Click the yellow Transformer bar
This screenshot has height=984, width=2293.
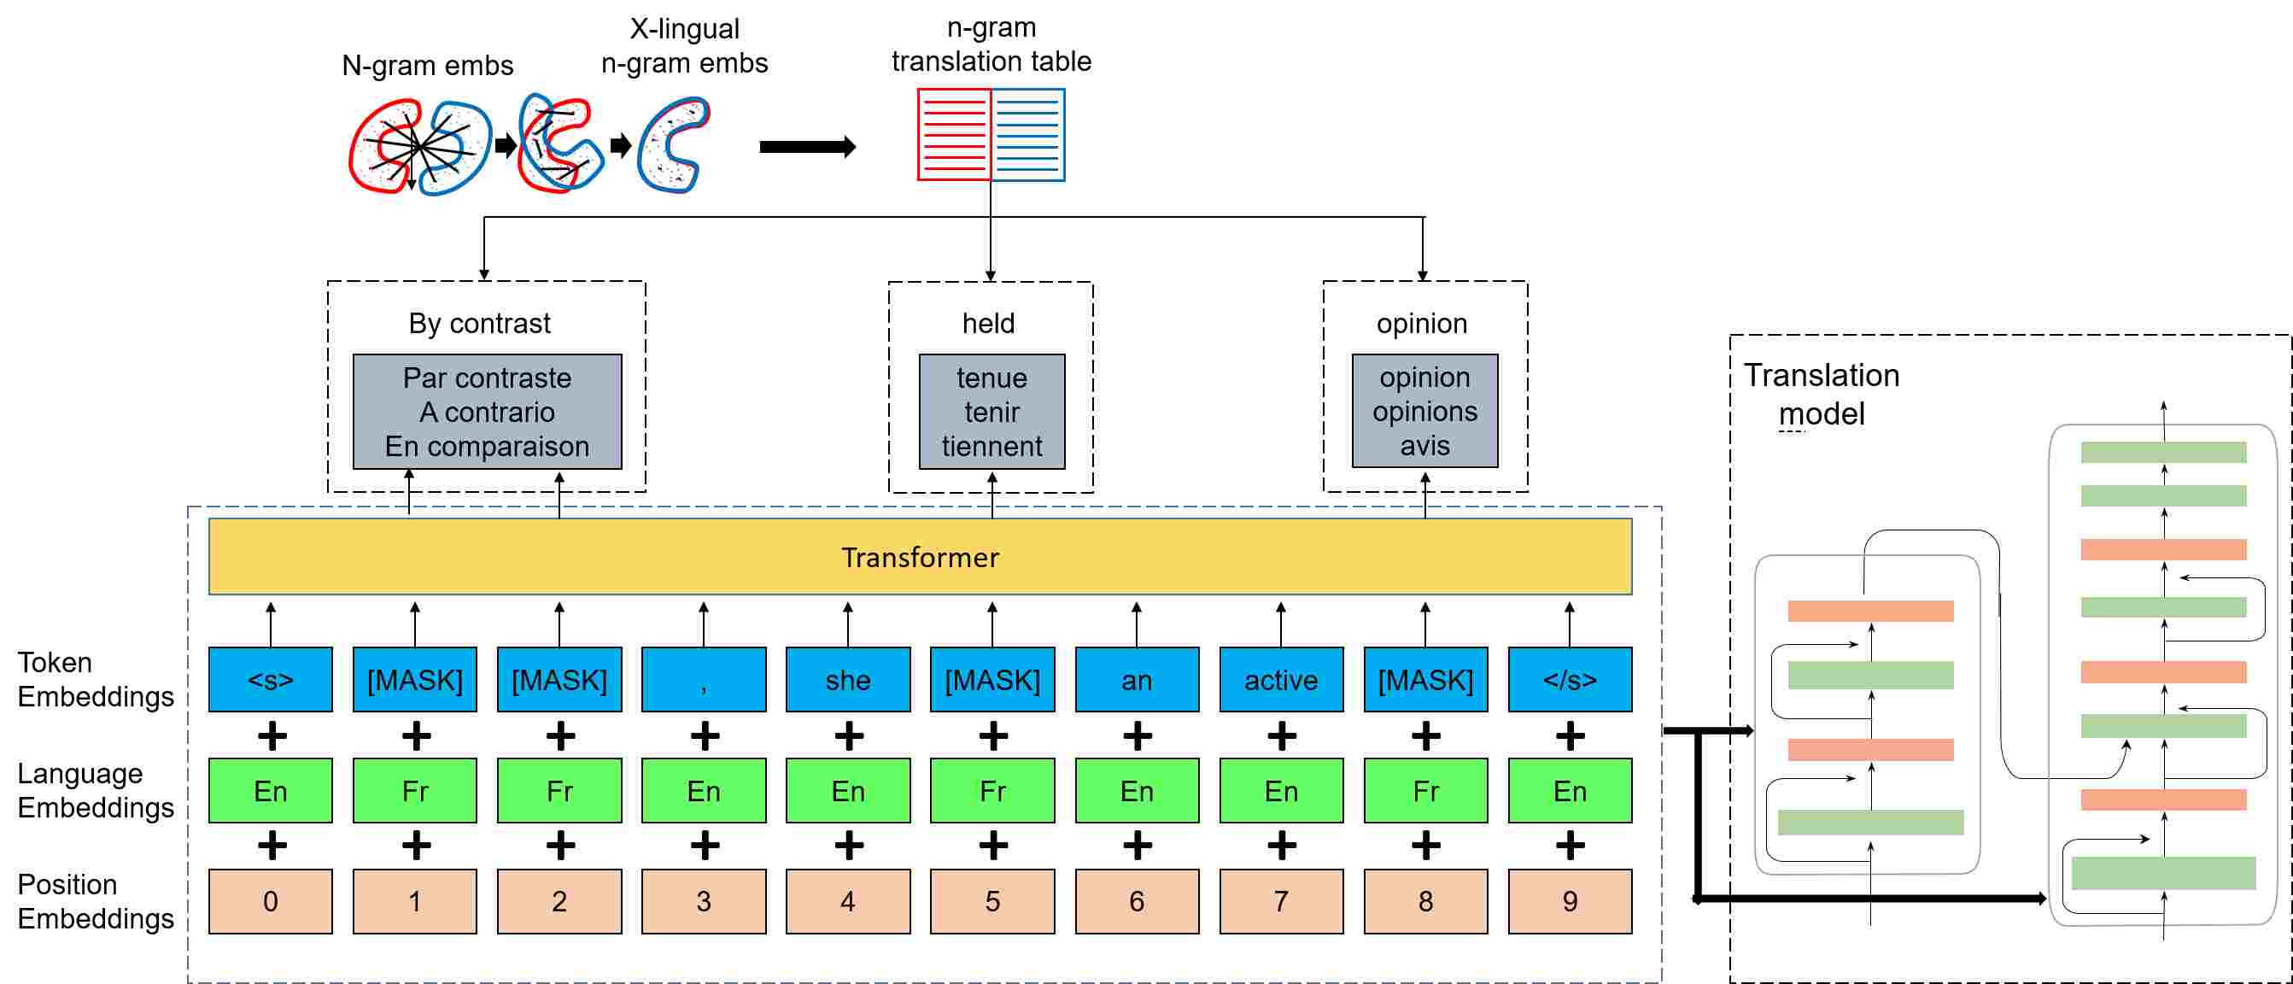point(920,557)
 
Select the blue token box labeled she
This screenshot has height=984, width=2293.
point(847,679)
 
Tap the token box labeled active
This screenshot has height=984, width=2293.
point(1281,679)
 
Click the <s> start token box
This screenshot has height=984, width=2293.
point(271,679)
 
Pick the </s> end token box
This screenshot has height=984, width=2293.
point(1571,679)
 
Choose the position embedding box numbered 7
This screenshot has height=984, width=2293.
point(1281,901)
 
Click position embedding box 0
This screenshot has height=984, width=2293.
point(271,901)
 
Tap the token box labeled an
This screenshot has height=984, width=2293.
point(1137,679)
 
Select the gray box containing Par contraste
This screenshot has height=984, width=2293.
point(487,412)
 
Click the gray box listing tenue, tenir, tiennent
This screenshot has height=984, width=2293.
point(991,412)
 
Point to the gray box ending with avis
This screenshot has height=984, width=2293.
point(1425,411)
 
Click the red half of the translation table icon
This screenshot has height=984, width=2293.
point(954,134)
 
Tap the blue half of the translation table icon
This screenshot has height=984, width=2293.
point(1028,134)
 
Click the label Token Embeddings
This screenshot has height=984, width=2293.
point(96,679)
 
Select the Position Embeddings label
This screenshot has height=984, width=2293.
point(96,901)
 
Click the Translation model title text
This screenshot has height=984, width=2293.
point(1822,395)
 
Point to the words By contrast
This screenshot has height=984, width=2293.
point(479,323)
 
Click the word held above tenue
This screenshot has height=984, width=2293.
point(988,323)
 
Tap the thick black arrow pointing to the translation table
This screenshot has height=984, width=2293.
point(807,147)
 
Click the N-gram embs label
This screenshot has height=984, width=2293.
point(427,66)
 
